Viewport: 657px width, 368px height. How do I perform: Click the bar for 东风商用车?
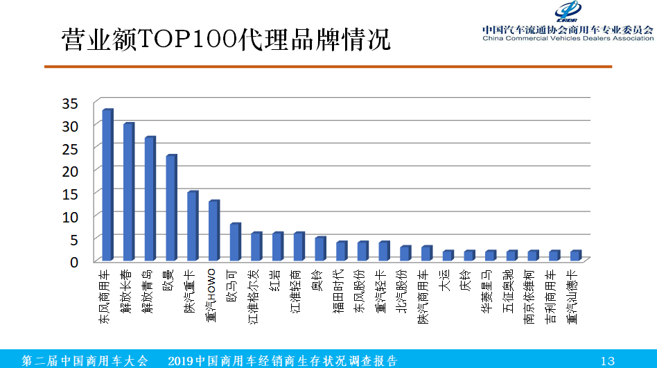click(x=107, y=185)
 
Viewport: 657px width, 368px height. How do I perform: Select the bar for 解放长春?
click(x=128, y=192)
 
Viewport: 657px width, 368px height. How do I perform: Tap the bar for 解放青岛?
click(x=150, y=199)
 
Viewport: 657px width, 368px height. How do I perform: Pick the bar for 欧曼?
click(x=170, y=208)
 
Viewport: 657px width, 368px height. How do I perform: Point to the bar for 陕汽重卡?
click(x=192, y=226)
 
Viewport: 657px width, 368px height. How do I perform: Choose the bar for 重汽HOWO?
click(x=213, y=231)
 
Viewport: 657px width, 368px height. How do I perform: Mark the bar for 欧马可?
click(x=234, y=242)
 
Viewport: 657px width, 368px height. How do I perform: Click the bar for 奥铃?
click(x=319, y=249)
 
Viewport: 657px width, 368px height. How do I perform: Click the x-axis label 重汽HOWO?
click(x=213, y=295)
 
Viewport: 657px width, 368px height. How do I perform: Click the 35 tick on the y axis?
click(x=80, y=103)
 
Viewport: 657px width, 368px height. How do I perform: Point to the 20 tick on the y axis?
click(x=80, y=170)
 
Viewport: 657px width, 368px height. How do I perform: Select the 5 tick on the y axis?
click(x=85, y=238)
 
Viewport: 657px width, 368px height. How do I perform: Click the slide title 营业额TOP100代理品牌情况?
click(x=226, y=40)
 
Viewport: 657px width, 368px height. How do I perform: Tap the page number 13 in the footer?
click(x=607, y=360)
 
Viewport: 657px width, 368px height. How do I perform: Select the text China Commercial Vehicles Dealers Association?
click(x=568, y=38)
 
